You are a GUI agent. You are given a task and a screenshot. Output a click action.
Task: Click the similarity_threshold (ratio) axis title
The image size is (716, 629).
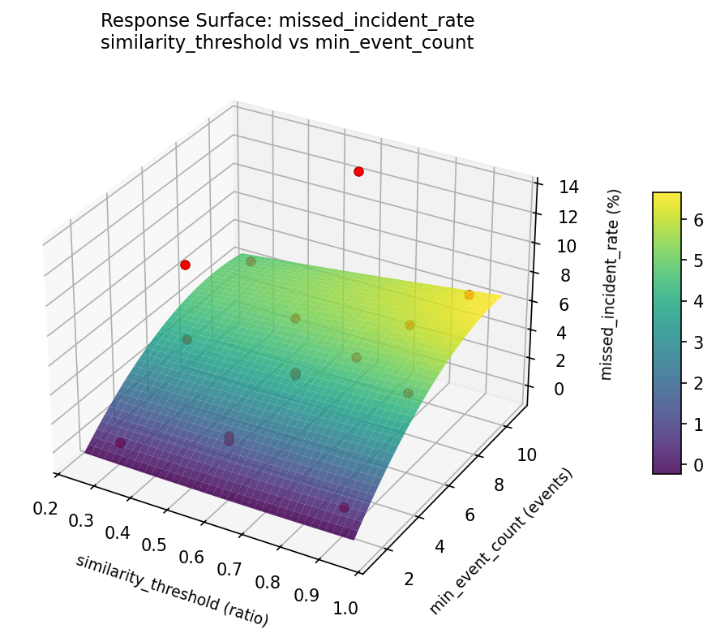point(172,590)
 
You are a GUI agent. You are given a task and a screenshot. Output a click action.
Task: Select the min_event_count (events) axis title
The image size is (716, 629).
point(502,541)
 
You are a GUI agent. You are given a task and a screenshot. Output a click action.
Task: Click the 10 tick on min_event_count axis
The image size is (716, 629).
point(526,455)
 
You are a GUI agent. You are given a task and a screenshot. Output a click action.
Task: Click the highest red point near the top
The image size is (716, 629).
point(358,171)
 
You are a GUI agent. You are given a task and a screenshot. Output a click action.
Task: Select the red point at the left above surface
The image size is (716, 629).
point(185,265)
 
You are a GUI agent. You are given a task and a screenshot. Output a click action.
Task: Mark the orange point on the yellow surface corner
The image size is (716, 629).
point(469,295)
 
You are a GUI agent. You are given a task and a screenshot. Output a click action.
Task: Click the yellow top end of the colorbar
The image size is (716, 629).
point(667,196)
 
